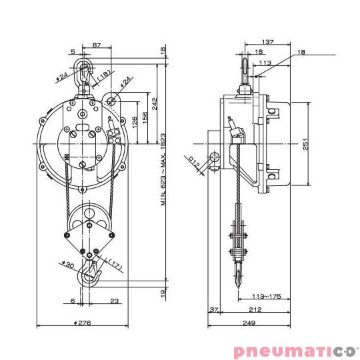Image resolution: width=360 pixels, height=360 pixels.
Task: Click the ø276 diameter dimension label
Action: click(82, 323)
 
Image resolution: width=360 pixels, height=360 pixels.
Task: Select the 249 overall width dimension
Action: click(249, 323)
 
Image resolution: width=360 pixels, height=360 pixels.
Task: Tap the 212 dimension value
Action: click(255, 310)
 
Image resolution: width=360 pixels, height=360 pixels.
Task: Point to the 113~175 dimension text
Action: click(266, 297)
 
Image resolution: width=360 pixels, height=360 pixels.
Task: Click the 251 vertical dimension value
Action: click(305, 144)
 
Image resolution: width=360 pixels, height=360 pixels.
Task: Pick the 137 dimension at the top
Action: click(268, 42)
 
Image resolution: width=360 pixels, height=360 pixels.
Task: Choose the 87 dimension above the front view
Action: click(97, 45)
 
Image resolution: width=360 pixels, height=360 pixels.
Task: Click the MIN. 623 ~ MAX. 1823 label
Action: click(163, 169)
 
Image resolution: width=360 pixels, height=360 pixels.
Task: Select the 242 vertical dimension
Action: click(154, 104)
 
